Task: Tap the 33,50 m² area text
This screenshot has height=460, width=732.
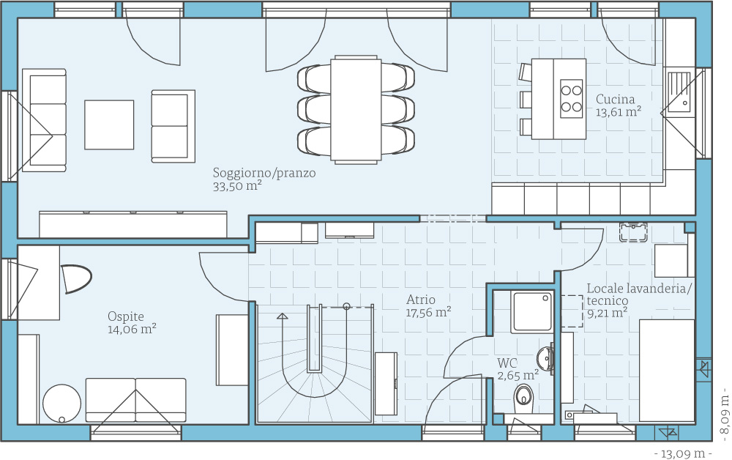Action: tap(236, 186)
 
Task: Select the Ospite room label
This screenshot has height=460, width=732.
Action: tap(126, 316)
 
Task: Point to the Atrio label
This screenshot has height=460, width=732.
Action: tap(421, 300)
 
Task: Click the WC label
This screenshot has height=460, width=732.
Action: tap(507, 363)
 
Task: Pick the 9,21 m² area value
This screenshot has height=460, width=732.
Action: tap(607, 313)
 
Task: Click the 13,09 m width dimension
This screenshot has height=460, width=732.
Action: tap(683, 453)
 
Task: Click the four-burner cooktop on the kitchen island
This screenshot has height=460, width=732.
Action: tap(572, 99)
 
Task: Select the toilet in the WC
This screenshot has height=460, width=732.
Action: tap(523, 397)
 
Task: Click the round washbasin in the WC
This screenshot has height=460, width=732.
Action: tap(545, 359)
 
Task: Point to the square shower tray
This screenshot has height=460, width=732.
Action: tap(532, 312)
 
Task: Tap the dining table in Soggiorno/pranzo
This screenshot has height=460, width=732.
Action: tap(356, 110)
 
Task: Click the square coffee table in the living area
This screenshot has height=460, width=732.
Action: tap(109, 125)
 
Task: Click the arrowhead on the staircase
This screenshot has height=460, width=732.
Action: tap(282, 316)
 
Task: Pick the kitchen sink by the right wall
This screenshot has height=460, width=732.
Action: tap(679, 93)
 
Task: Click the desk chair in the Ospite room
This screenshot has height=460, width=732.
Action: tap(75, 279)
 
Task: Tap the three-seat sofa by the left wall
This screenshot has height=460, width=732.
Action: tap(45, 120)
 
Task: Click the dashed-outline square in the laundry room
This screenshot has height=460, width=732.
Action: tap(572, 311)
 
